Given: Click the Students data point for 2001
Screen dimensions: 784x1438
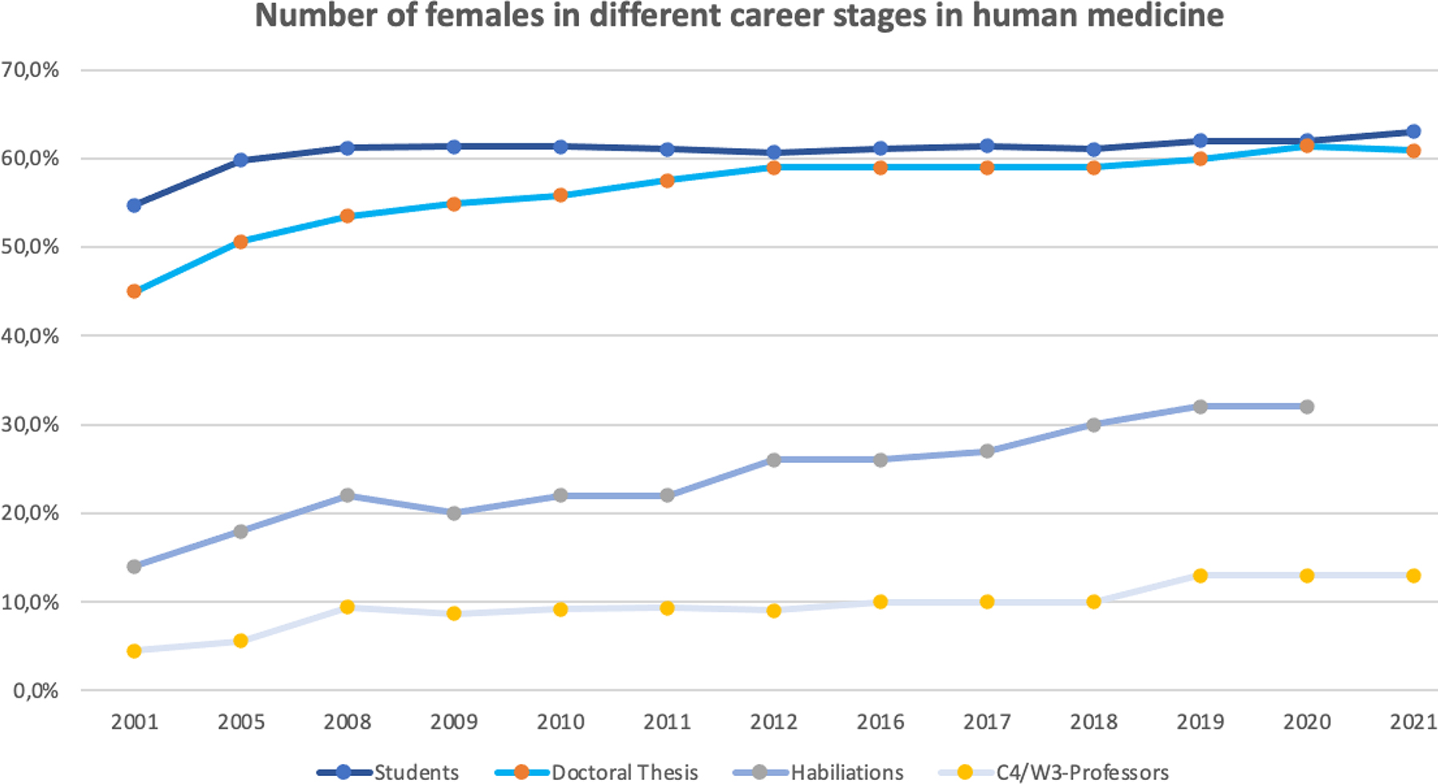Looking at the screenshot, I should click(134, 206).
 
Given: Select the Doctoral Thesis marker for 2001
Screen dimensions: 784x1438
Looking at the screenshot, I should click(134, 291).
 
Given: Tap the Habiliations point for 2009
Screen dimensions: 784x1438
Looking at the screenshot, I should click(454, 513).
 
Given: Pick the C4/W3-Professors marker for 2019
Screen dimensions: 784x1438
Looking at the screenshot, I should click(1200, 576).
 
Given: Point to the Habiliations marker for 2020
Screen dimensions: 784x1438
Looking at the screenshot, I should click(1307, 407).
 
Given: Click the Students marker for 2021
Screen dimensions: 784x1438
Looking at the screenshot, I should click(1413, 131).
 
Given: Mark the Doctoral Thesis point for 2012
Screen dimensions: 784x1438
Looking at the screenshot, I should click(773, 167).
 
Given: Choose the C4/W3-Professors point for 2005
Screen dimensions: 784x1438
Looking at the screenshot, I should click(240, 641).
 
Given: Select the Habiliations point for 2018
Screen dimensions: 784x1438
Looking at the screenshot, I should click(1094, 424).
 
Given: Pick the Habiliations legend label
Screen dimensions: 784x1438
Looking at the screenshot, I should click(846, 773).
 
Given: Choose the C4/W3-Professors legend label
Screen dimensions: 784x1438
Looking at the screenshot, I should click(1082, 773).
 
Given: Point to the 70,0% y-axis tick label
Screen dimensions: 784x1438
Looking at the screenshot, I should click(30, 70).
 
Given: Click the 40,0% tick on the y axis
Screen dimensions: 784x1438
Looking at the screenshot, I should click(30, 336).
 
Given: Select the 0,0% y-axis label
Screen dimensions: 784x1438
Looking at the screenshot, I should click(36, 690).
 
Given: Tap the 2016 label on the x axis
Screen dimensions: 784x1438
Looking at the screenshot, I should click(880, 722).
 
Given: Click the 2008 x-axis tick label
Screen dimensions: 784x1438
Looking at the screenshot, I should click(347, 722).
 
